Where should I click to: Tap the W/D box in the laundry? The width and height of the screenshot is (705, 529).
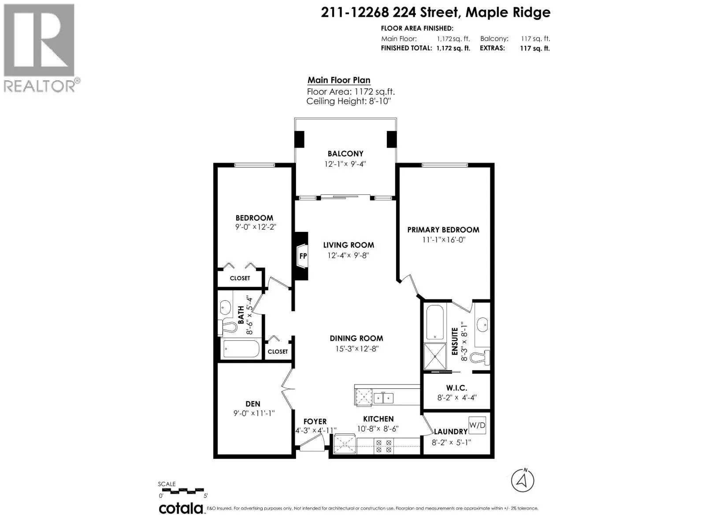477,425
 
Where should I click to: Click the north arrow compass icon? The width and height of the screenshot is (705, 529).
522,481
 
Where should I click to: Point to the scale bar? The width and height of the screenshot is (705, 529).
183,491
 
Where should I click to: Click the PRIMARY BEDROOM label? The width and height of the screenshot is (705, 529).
443,230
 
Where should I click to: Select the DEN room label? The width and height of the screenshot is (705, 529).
253,404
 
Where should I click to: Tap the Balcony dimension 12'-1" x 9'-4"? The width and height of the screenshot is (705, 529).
345,164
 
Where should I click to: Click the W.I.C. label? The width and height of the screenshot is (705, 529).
457,388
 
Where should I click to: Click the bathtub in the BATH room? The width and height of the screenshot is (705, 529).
241,349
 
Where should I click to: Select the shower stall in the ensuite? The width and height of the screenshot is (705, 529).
435,357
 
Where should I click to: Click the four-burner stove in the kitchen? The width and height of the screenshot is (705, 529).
383,447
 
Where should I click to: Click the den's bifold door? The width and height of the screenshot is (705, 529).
287,389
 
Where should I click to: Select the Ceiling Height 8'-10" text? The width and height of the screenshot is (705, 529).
349,101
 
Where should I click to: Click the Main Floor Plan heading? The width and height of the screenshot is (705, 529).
339,80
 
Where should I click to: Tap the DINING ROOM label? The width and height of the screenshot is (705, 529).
356,338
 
